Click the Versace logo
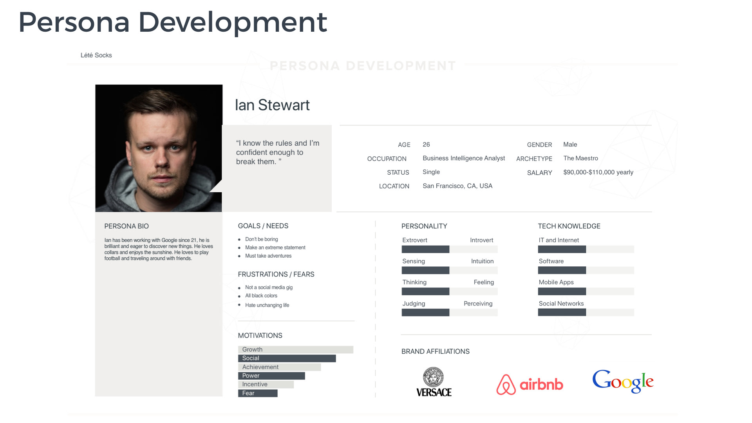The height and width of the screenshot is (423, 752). pyautogui.click(x=434, y=382)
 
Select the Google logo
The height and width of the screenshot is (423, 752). pyautogui.click(x=623, y=381)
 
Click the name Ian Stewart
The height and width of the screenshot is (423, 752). pyautogui.click(x=272, y=105)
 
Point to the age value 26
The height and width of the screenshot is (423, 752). pyautogui.click(x=426, y=145)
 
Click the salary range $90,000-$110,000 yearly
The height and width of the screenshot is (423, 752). pyautogui.click(x=598, y=172)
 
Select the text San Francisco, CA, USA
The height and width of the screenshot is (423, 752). pyautogui.click(x=457, y=186)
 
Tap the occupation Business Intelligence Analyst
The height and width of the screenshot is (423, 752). pyautogui.click(x=464, y=158)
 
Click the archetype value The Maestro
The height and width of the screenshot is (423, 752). pyautogui.click(x=580, y=158)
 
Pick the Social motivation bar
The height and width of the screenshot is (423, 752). pyautogui.click(x=287, y=358)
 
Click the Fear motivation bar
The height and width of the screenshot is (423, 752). pyautogui.click(x=258, y=393)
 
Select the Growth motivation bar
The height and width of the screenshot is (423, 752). pyautogui.click(x=296, y=349)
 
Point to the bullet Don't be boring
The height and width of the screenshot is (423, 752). pyautogui.click(x=262, y=239)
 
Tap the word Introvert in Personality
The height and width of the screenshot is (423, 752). pyautogui.click(x=481, y=240)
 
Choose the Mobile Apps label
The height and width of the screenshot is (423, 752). pyautogui.click(x=556, y=282)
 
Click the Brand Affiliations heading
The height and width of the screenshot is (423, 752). pyautogui.click(x=436, y=352)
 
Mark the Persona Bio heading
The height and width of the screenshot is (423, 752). pyautogui.click(x=127, y=226)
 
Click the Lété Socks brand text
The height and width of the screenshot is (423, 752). pyautogui.click(x=96, y=55)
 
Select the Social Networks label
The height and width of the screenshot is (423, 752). pyautogui.click(x=561, y=304)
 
